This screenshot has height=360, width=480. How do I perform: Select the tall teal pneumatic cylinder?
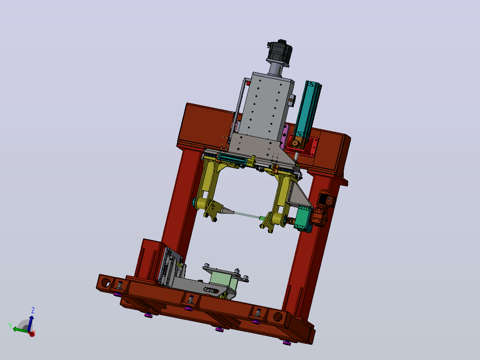pos(307,110)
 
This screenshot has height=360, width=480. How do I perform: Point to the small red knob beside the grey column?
pos(248,83)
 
